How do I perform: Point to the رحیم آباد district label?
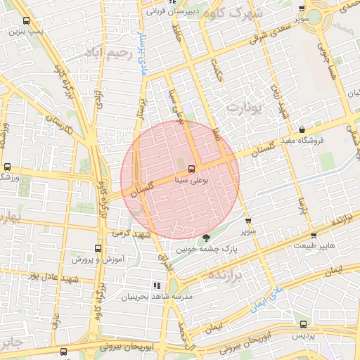(109, 53)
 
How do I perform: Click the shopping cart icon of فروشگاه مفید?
(302, 129)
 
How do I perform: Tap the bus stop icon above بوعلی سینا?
(191, 168)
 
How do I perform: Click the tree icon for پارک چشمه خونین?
(205, 238)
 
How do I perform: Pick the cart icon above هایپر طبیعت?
(314, 236)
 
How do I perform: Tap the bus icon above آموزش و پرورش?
(98, 248)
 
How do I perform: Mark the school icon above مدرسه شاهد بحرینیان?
(156, 285)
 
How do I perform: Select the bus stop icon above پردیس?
(303, 324)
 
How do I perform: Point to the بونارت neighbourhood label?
(244, 108)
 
